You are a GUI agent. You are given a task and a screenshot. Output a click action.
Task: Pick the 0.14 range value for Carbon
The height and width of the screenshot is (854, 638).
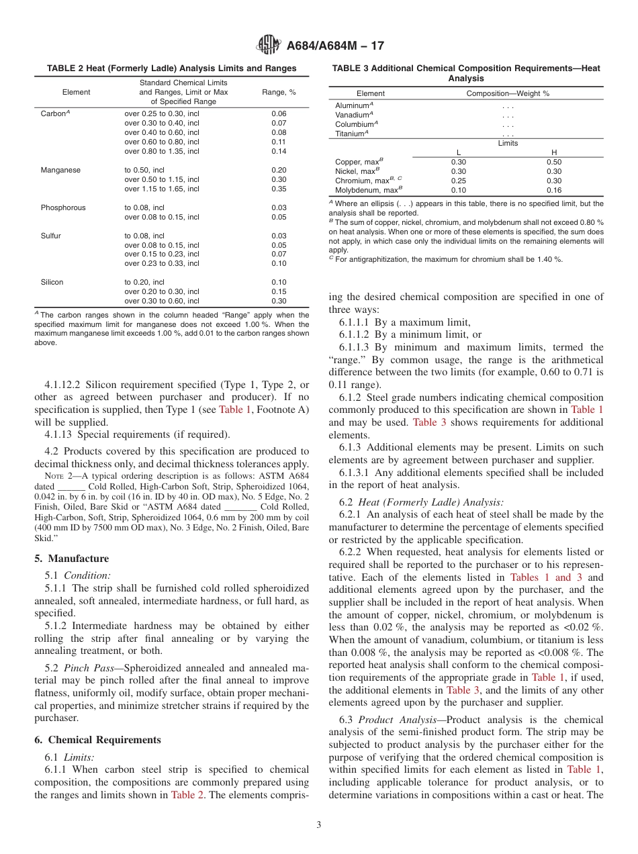(279, 151)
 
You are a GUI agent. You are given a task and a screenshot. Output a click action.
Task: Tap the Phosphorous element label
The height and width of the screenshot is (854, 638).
(63, 207)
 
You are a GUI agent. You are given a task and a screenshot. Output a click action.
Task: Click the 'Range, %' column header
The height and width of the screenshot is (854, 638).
(279, 92)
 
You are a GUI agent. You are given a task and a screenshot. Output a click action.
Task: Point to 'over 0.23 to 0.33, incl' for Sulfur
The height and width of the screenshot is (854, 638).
(162, 264)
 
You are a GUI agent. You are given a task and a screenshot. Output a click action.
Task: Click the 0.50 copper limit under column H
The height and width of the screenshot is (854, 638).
(554, 162)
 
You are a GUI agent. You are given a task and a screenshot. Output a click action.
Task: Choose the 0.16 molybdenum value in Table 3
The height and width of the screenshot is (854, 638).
(554, 190)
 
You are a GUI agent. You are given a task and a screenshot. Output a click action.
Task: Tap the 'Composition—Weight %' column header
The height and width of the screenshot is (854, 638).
(508, 93)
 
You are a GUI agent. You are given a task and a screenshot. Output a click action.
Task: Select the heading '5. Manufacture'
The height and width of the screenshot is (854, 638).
(71, 559)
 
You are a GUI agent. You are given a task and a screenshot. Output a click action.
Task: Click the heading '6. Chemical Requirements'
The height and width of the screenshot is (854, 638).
(97, 740)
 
